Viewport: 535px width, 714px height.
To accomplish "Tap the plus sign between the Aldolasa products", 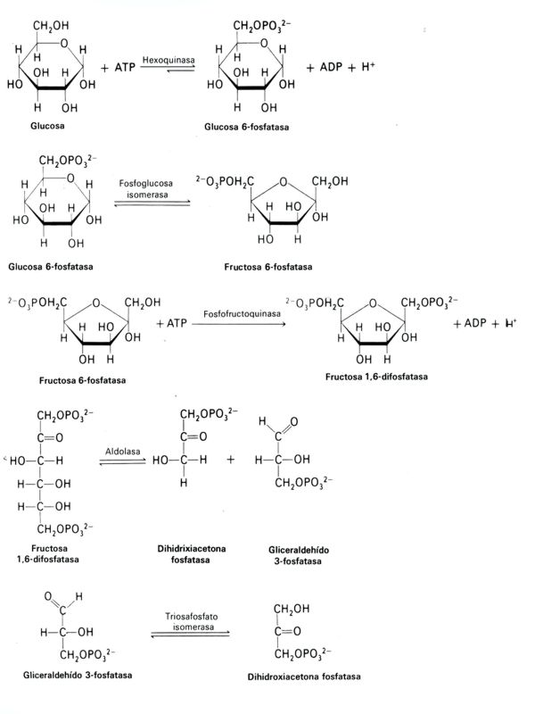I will [x=231, y=460].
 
